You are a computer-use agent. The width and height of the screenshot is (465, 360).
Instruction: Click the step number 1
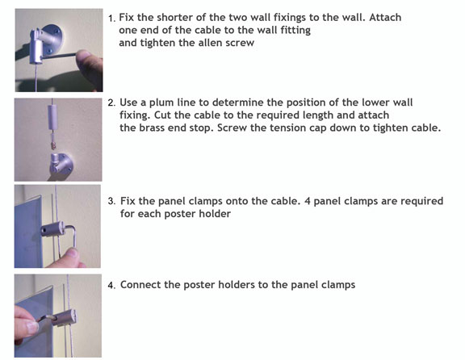click(x=111, y=19)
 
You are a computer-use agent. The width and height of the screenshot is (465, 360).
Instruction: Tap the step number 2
click(x=111, y=103)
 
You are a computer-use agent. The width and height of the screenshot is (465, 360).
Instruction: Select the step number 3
click(x=111, y=201)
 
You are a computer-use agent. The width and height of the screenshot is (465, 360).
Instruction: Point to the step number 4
click(x=111, y=285)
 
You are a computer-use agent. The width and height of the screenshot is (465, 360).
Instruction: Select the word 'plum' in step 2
click(x=161, y=103)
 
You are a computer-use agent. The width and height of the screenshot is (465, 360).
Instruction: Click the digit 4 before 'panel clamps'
click(x=308, y=201)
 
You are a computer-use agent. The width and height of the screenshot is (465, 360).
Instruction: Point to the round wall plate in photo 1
click(x=53, y=37)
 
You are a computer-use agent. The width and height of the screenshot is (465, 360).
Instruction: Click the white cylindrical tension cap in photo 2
click(x=52, y=116)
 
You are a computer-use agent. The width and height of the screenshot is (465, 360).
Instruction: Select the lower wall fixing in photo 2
click(x=61, y=164)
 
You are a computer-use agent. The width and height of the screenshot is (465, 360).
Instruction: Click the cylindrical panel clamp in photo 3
click(x=53, y=228)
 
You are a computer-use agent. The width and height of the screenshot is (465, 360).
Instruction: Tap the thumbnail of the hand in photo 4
click(x=32, y=327)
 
